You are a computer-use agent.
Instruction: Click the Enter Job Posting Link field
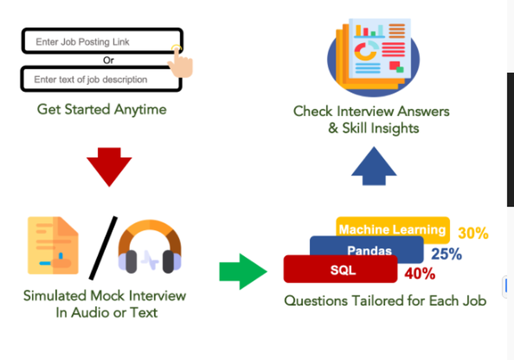click(98, 42)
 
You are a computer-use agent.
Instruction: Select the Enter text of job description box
click(98, 80)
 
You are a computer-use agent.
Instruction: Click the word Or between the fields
click(108, 60)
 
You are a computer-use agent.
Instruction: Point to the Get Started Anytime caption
click(102, 110)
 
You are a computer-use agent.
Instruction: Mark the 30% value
click(473, 233)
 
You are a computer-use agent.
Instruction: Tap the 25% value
click(446, 254)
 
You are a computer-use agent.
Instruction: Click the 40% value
click(420, 274)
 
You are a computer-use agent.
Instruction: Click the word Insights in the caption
click(393, 128)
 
